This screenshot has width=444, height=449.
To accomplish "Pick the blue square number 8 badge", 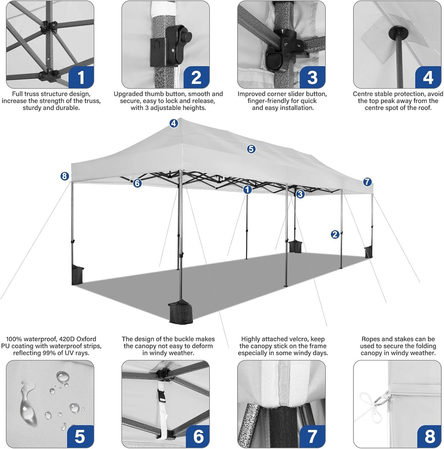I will point(429,436).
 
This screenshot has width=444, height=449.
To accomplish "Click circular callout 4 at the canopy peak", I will point(174,123).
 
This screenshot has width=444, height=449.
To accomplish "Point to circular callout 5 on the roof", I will point(251,149).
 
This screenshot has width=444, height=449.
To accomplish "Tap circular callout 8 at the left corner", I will point(64,176).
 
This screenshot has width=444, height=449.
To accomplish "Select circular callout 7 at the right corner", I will point(367,182).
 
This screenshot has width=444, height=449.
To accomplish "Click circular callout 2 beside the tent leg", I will point(335,234).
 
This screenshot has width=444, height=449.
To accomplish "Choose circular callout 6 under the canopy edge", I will point(137,183).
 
